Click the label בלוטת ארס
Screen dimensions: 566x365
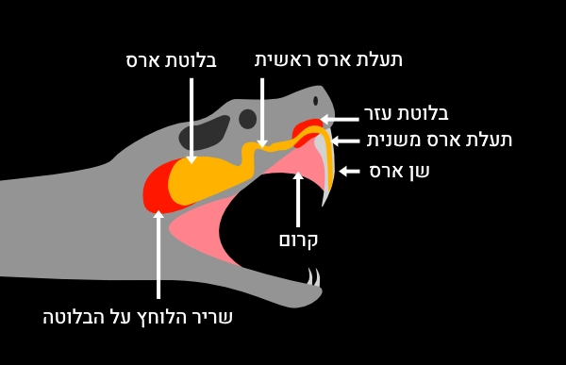172,60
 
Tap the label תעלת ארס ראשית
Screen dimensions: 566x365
328,59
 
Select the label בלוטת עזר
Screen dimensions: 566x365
407,113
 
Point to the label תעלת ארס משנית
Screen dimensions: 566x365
440,140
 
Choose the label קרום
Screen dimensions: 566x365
298,240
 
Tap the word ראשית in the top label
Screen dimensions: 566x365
287,59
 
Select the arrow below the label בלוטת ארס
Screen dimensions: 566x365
191,118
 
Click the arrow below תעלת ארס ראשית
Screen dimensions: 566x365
261,111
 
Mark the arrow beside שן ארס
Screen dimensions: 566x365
350,171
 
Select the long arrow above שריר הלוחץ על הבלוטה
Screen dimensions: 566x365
158,255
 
